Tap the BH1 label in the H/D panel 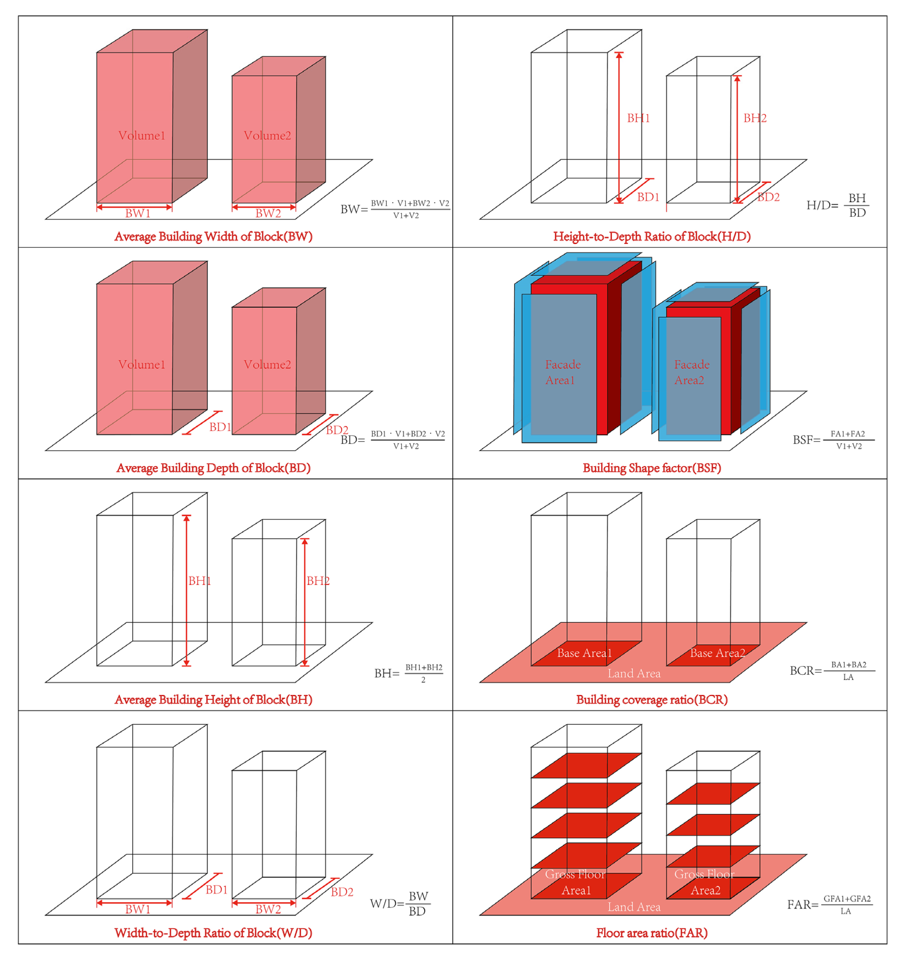click(x=638, y=118)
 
